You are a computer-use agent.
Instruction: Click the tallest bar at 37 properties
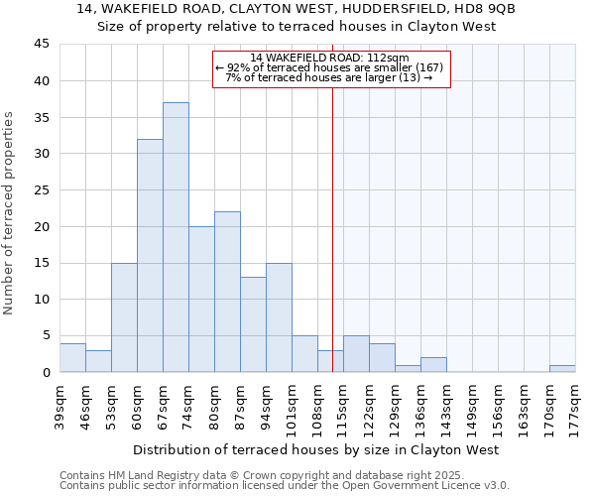pyautogui.click(x=176, y=237)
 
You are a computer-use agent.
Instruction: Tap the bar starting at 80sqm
pyautogui.click(x=227, y=292)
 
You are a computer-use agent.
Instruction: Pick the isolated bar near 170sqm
pyautogui.click(x=562, y=368)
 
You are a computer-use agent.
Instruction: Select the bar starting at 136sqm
pyautogui.click(x=433, y=364)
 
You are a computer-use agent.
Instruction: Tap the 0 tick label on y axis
pyautogui.click(x=45, y=372)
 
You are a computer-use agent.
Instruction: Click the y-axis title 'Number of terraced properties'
pyautogui.click(x=10, y=213)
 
